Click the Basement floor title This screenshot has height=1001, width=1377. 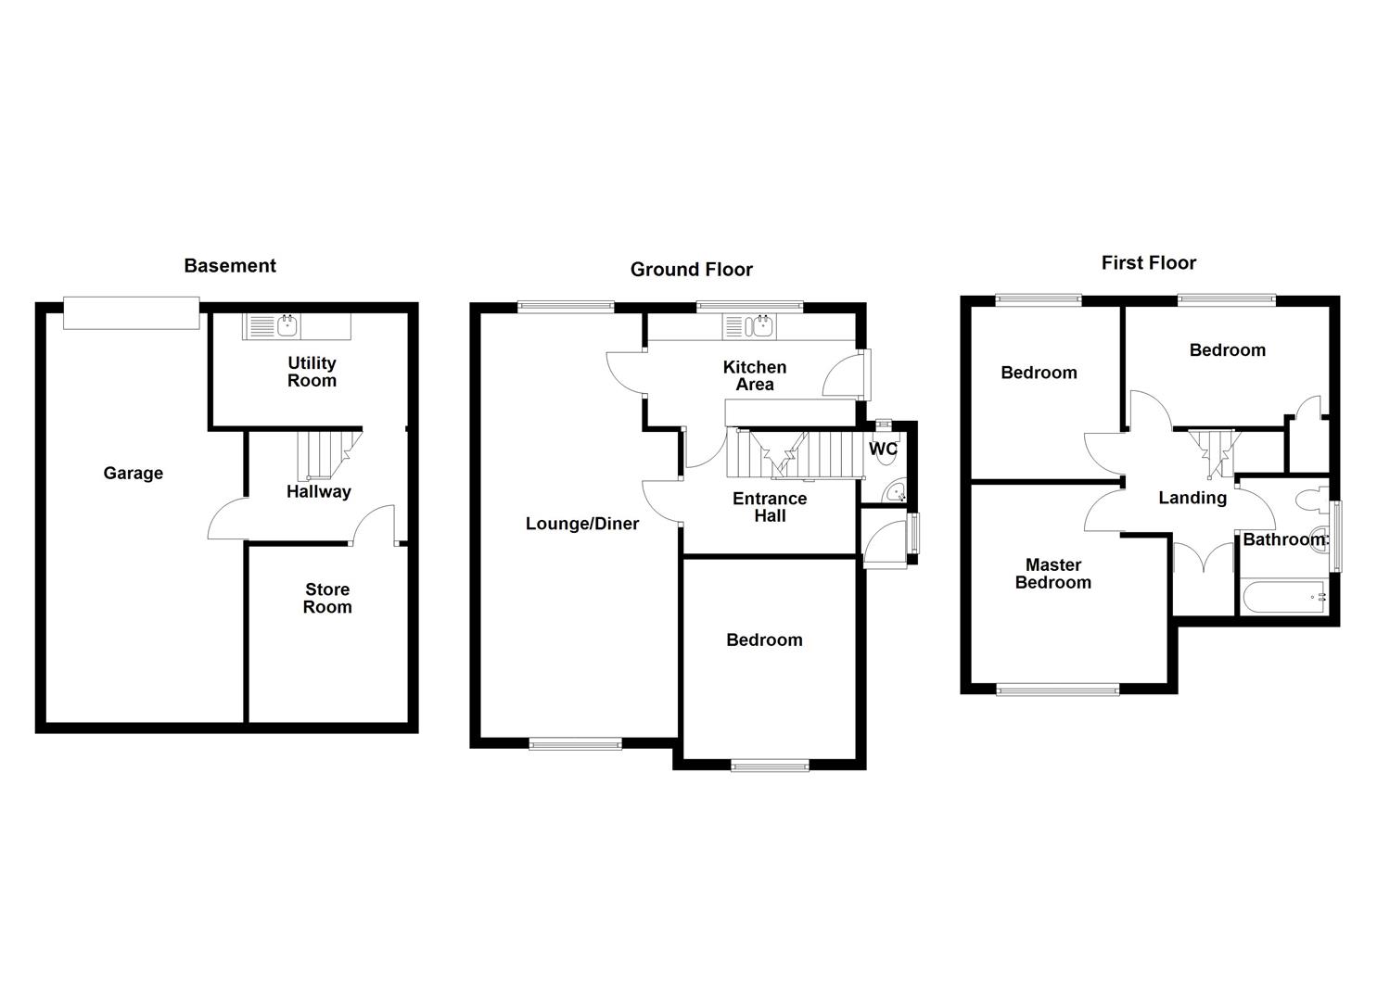pyautogui.click(x=230, y=266)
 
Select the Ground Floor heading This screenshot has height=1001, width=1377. pyautogui.click(x=691, y=270)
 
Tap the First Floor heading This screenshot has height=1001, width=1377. pyautogui.click(x=1148, y=263)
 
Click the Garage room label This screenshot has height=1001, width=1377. pyautogui.click(x=133, y=474)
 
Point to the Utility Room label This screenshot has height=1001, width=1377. pyautogui.click(x=312, y=372)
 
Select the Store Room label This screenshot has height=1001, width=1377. pyautogui.click(x=327, y=599)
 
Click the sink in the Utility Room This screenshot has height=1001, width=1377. pyautogui.click(x=287, y=325)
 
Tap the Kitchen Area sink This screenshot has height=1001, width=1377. pyautogui.click(x=762, y=325)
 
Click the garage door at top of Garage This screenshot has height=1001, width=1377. pyautogui.click(x=131, y=313)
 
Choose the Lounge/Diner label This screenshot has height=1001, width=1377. pyautogui.click(x=581, y=524)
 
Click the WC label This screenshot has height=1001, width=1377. pyautogui.click(x=883, y=450)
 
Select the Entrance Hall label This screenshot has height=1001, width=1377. pyautogui.click(x=770, y=507)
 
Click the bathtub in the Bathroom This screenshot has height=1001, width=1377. pyautogui.click(x=1283, y=597)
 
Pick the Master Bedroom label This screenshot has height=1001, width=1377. pyautogui.click(x=1053, y=574)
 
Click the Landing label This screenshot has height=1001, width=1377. pyautogui.click(x=1192, y=499)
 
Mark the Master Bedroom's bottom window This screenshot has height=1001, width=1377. pyautogui.click(x=1058, y=689)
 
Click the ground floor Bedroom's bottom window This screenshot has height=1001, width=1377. pyautogui.click(x=770, y=765)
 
